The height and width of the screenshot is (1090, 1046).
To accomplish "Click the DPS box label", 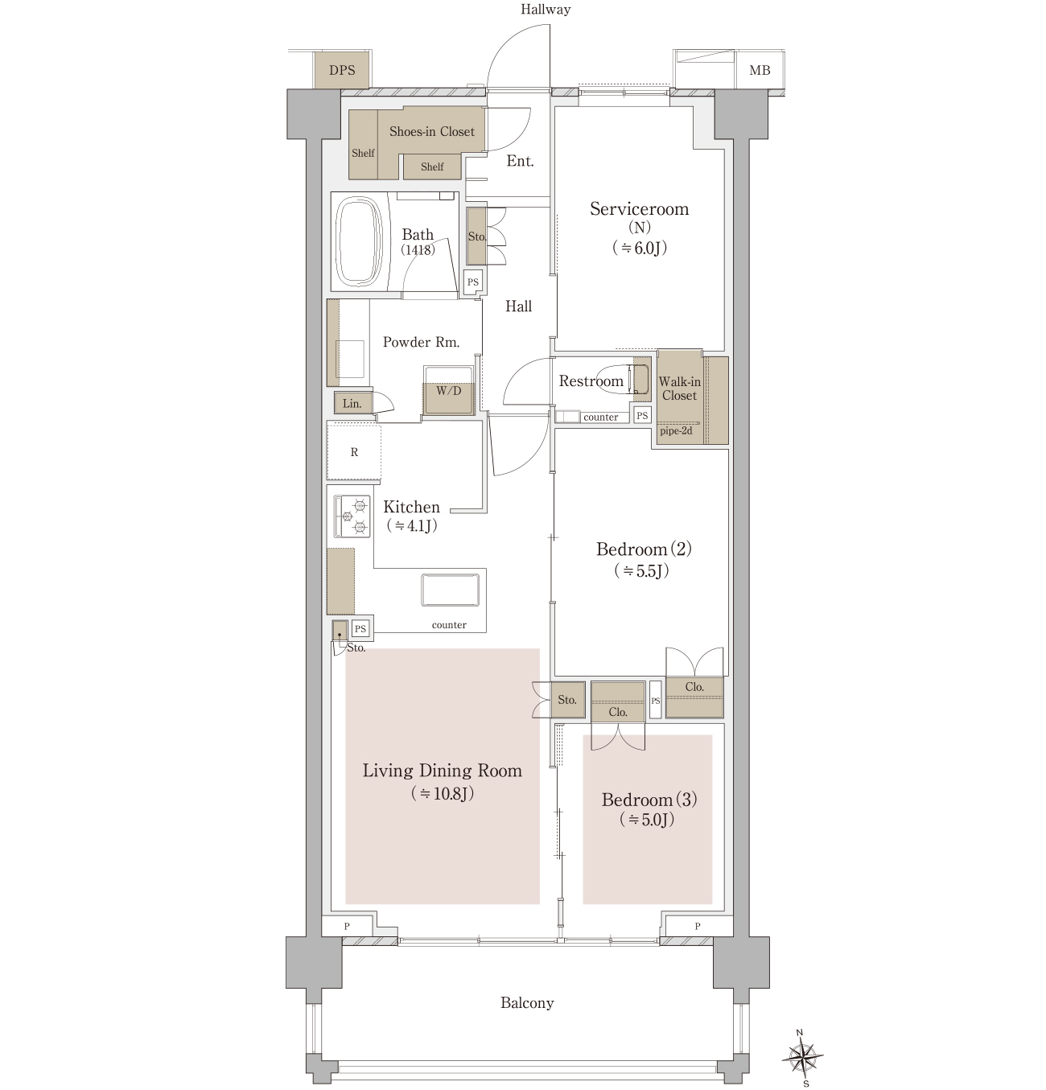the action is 342,70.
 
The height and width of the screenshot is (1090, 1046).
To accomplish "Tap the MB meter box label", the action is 760,70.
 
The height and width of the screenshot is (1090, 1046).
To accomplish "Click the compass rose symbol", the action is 803,1058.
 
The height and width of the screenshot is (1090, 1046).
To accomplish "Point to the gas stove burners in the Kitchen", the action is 352,516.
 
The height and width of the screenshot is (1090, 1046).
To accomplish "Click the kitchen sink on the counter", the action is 451,590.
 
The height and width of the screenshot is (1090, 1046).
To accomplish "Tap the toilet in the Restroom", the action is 623,379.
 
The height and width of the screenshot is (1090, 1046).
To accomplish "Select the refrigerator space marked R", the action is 354,452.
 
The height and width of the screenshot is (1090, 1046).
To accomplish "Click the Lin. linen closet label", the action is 352,403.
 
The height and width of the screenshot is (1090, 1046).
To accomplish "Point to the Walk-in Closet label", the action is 680,389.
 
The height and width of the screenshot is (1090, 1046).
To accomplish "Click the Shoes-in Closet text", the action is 432,132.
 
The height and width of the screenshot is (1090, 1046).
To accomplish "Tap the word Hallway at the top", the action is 546,10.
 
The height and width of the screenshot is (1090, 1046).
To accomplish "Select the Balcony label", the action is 527,1002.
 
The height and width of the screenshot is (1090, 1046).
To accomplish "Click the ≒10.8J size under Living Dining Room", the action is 443,793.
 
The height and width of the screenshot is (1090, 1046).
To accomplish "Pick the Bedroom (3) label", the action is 649,800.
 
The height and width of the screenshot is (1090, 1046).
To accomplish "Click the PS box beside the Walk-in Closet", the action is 642,415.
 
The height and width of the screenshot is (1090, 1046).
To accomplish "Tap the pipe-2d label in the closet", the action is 676,430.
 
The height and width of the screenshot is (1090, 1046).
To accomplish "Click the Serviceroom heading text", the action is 639,209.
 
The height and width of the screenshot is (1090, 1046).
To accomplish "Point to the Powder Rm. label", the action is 422,342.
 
